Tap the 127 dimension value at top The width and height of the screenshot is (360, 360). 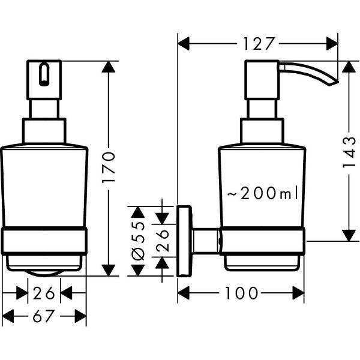coord(259,43)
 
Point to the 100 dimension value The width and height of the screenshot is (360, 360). coord(242,293)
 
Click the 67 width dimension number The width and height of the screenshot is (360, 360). coord(44,315)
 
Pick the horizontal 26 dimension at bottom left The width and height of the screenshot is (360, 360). coord(44,293)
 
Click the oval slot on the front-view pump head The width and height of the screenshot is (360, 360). coord(43,74)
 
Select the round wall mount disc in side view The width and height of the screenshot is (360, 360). coord(184,241)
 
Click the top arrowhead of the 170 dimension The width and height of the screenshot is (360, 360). coord(109,66)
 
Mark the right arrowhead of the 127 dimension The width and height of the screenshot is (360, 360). coord(332,43)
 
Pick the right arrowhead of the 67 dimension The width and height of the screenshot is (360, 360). coord(81,315)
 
